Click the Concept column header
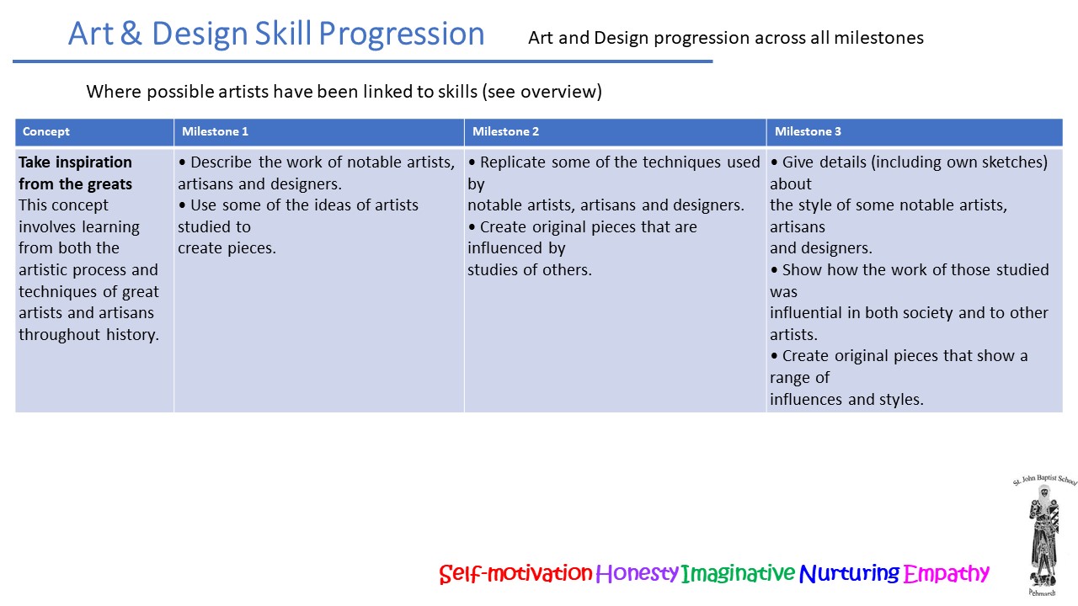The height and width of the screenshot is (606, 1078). pos(45,131)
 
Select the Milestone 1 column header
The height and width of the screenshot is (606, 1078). pos(215,131)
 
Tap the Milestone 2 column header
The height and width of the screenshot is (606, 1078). pos(505,131)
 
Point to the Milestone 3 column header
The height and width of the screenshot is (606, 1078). pos(808,131)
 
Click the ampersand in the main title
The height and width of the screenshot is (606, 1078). pos(131,34)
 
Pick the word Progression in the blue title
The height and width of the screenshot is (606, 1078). pos(402,35)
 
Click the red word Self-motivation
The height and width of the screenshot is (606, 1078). pos(515,573)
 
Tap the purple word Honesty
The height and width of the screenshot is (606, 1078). pos(637,573)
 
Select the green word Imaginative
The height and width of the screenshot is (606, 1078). pos(738,573)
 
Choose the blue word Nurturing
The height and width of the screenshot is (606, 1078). pos(849,573)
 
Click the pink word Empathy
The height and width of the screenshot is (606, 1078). pos(946,573)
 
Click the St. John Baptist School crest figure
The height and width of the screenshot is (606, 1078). pos(1043,534)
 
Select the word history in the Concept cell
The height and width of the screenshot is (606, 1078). pos(132,335)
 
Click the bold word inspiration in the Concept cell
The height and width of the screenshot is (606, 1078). pos(93,162)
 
